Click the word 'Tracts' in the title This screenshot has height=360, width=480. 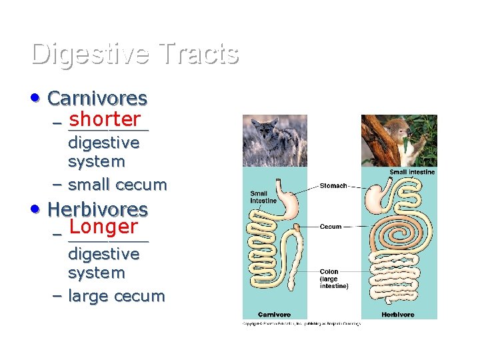(199, 54)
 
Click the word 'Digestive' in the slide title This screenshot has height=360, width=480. (91, 54)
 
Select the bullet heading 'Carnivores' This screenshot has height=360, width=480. (97, 99)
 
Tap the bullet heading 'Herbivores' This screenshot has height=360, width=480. (97, 209)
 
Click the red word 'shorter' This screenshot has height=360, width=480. (104, 119)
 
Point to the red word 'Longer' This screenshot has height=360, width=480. (103, 227)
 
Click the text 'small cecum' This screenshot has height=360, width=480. (117, 185)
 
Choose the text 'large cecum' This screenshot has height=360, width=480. (116, 296)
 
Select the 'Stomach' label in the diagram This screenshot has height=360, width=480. (333, 186)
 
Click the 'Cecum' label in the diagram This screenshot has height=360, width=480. (331, 227)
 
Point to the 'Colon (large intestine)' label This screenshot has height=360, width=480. (333, 279)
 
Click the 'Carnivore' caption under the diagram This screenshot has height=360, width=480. (274, 314)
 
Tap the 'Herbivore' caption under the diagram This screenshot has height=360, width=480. (398, 314)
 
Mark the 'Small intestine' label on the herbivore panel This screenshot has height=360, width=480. (412, 173)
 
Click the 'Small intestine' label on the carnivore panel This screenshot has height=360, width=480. (263, 197)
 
